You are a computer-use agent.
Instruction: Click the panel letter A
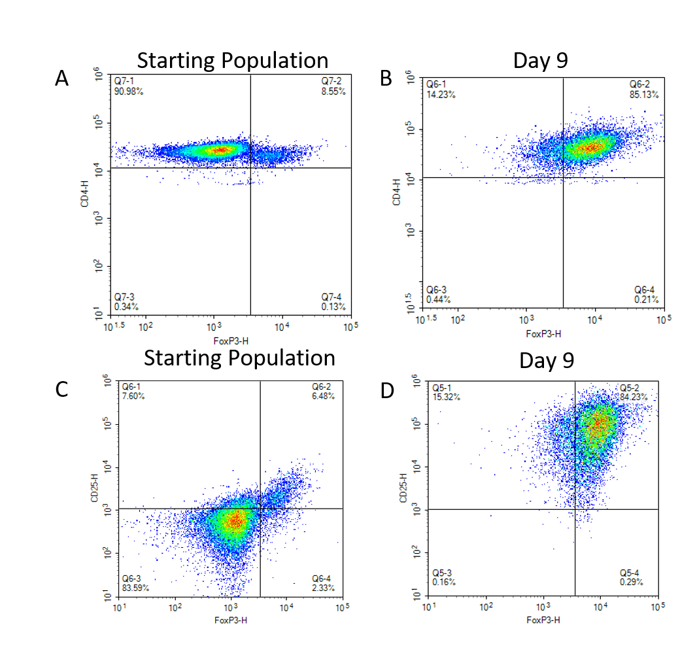coord(61,79)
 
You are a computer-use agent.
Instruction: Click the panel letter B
coord(386,78)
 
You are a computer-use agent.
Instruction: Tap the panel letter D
coord(388,392)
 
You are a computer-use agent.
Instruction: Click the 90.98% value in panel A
coord(129,92)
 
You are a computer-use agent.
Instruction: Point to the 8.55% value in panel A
coord(333,92)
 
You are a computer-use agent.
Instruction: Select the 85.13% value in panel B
coord(645,95)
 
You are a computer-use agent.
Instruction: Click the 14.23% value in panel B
coord(441,95)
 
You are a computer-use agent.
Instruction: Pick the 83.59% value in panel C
coord(135,588)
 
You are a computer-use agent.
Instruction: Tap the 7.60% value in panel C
coord(133,396)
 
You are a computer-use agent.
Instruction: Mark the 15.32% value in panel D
coord(446,397)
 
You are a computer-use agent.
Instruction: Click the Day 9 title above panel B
coord(541,60)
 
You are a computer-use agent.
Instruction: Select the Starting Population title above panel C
coord(239,358)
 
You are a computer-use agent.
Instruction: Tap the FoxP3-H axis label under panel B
coord(543,334)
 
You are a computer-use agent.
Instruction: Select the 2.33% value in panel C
coord(323,588)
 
